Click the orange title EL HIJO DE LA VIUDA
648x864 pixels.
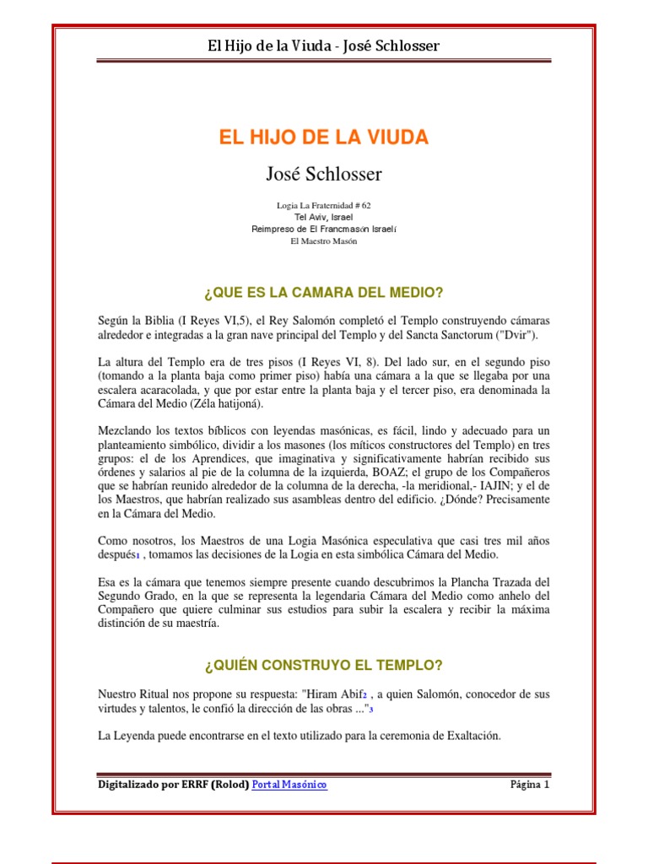324,138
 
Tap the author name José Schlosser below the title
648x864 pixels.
324,175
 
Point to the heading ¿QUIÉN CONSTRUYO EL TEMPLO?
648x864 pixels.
324,666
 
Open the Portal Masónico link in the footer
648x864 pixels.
289,785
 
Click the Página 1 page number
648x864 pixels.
529,785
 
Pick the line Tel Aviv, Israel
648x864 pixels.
324,217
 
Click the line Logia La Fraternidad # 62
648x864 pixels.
324,205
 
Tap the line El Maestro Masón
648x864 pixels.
324,241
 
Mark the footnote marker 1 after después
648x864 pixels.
138,555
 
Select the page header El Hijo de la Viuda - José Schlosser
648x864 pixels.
324,46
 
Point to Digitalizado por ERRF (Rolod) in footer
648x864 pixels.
173,785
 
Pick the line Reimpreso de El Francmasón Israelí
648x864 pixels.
324,229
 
